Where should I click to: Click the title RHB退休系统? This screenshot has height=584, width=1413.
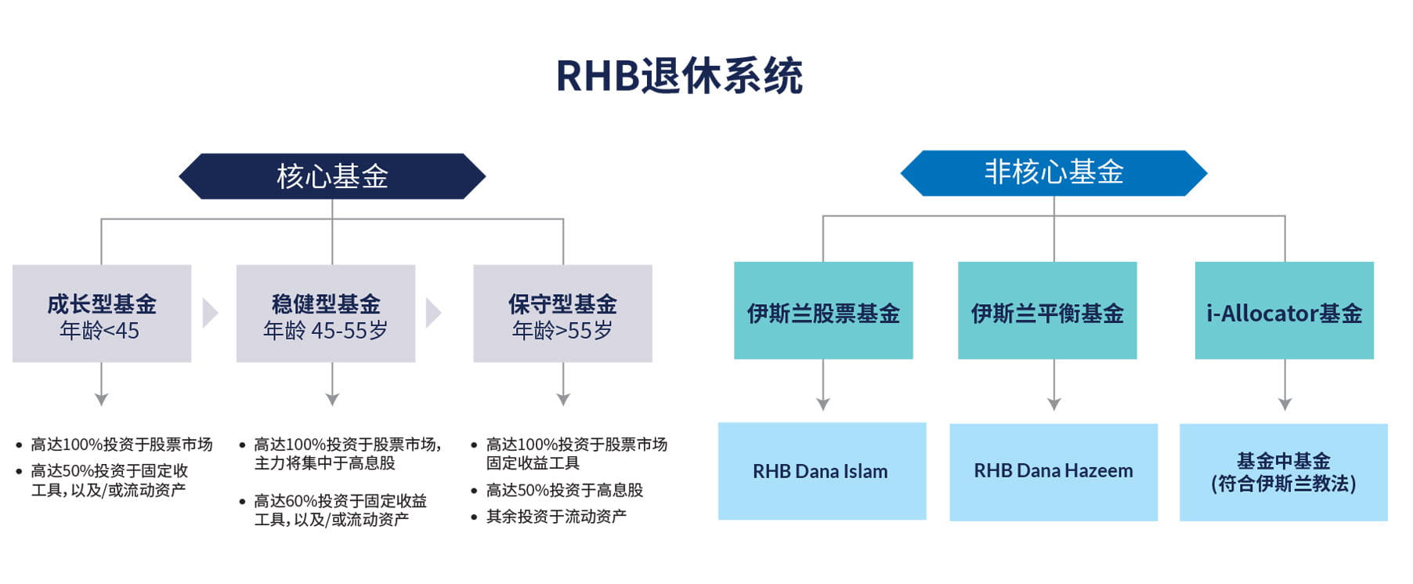pyautogui.click(x=679, y=76)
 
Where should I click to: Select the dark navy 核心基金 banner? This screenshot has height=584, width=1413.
pyautogui.click(x=332, y=176)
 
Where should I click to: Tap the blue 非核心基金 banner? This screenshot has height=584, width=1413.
pyautogui.click(x=1053, y=172)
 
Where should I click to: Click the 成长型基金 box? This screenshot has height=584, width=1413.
pyautogui.click(x=102, y=313)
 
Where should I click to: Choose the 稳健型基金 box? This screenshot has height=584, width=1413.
pyautogui.click(x=326, y=313)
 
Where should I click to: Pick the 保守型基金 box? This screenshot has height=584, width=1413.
pyautogui.click(x=562, y=313)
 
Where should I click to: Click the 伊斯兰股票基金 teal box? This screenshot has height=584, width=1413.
pyautogui.click(x=823, y=311)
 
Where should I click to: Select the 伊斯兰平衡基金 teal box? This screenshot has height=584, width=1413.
pyautogui.click(x=1047, y=311)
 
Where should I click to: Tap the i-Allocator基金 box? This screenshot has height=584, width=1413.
pyautogui.click(x=1284, y=311)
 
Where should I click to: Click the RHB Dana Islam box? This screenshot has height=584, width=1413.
pyautogui.click(x=822, y=471)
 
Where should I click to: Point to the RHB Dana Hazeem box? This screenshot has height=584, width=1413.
pyautogui.click(x=1053, y=471)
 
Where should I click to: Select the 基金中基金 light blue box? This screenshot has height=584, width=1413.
pyautogui.click(x=1283, y=472)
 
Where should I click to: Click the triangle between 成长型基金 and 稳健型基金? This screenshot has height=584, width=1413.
pyautogui.click(x=210, y=313)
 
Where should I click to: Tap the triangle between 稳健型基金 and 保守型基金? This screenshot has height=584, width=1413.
pyautogui.click(x=433, y=313)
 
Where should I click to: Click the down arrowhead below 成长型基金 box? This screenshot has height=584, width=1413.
pyautogui.click(x=101, y=399)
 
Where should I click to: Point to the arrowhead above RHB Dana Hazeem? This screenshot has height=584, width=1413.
pyautogui.click(x=1053, y=404)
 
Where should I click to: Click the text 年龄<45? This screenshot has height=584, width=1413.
pyautogui.click(x=99, y=331)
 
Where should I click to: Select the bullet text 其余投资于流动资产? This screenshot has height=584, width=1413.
pyautogui.click(x=556, y=517)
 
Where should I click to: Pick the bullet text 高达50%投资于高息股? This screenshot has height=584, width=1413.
pyautogui.click(x=564, y=491)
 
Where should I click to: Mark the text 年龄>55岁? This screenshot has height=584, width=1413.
pyautogui.click(x=562, y=331)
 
